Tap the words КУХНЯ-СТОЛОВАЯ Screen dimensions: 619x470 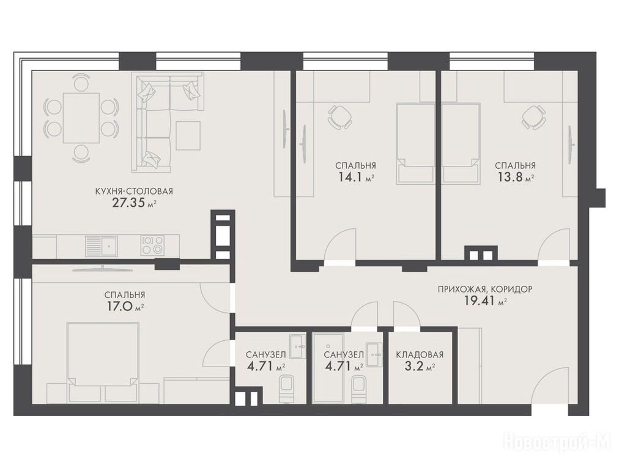[134, 191]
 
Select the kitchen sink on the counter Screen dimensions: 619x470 [102, 245]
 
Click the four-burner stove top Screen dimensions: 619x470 [152, 245]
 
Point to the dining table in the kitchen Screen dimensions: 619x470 [81, 117]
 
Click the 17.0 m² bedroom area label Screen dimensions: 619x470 [124, 307]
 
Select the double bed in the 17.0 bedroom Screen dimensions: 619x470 [103, 363]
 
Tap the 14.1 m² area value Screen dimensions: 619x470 [356, 177]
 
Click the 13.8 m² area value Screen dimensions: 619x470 [515, 177]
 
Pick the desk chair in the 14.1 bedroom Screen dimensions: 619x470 [339, 116]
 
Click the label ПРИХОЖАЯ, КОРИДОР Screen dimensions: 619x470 [485, 289]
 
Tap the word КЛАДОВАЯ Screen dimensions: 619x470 [420, 355]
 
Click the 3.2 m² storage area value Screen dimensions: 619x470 [420, 367]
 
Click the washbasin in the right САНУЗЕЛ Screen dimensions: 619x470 [374, 355]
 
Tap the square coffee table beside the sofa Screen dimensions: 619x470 [188, 135]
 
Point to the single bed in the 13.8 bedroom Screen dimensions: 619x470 [461, 143]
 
